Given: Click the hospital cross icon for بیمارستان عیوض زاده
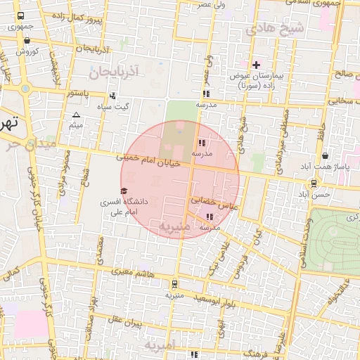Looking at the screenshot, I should point(256,65).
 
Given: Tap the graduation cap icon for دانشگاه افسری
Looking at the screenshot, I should point(124,191).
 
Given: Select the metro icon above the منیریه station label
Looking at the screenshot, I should point(174,285).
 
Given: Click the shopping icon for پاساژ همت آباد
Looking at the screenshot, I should point(325,155).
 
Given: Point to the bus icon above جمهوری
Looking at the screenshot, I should point(21,16).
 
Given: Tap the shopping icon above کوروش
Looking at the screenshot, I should point(27,41).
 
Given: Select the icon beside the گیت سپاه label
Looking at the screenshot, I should point(112,96).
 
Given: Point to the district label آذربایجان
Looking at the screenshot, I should point(116,71).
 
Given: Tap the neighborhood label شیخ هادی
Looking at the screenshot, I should point(275,29).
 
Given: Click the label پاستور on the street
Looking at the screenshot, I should point(77,92).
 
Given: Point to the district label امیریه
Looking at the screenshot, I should point(162,346).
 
